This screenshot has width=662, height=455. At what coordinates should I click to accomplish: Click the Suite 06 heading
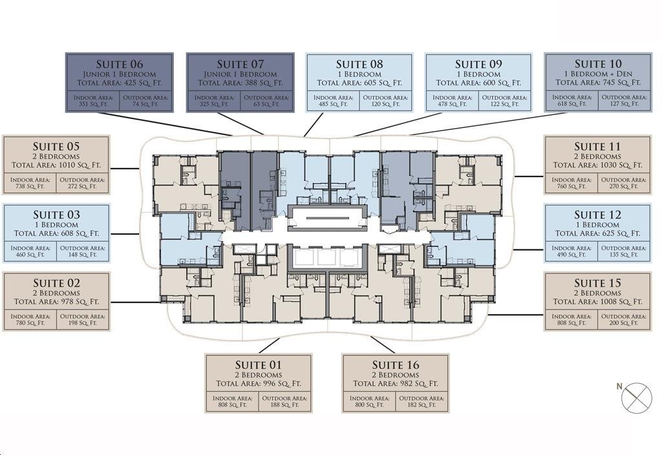[x=120, y=64]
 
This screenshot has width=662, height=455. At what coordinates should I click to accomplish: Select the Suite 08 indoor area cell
[x=333, y=100]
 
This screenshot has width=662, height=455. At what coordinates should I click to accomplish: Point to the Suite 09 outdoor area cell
[x=504, y=100]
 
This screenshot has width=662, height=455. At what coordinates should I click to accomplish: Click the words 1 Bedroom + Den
[x=598, y=74]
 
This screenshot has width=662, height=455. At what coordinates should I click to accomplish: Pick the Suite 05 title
[x=56, y=147]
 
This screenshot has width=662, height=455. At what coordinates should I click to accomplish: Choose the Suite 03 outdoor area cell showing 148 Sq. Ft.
[x=82, y=251]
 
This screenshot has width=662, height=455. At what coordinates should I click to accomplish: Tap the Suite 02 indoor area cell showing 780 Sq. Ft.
[x=30, y=319]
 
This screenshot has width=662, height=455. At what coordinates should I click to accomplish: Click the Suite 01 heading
[x=259, y=365]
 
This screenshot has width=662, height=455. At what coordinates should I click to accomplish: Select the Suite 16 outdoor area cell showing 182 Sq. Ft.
[x=422, y=401]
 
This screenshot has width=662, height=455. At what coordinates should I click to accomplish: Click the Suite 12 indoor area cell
[x=571, y=251]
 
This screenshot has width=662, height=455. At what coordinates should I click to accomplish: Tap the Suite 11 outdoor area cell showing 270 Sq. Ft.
[x=624, y=183]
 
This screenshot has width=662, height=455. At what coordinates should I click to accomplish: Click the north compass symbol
[x=636, y=397]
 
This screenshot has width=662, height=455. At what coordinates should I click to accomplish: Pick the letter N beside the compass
[x=619, y=386]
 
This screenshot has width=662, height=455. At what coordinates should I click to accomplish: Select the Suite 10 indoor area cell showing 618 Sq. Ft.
[x=572, y=100]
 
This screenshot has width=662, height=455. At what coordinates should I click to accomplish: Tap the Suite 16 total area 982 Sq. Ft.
[x=395, y=384]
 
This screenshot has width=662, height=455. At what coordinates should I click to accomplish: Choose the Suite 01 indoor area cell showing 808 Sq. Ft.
[x=233, y=401]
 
